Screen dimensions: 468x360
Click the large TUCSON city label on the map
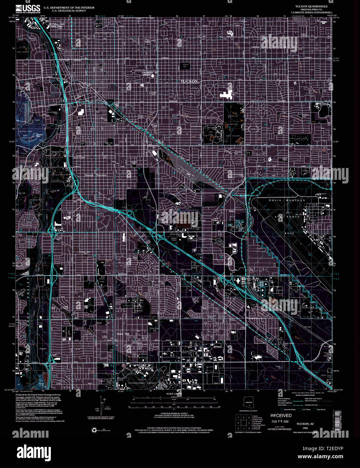(189, 81)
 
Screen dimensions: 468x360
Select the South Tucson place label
(96, 175)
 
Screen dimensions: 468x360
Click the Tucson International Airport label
(142, 381)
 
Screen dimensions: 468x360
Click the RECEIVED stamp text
(281, 415)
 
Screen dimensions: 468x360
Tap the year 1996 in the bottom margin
(305, 428)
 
